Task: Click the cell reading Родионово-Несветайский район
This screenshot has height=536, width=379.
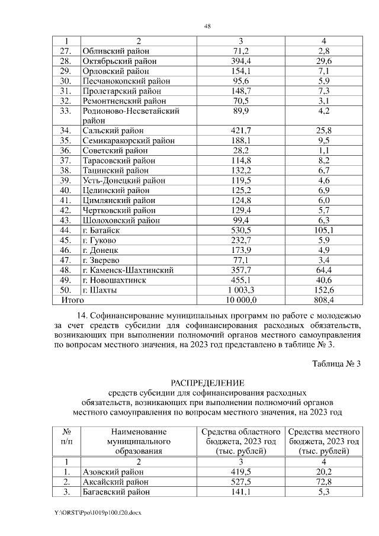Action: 131,115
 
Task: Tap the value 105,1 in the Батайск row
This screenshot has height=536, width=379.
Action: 323,230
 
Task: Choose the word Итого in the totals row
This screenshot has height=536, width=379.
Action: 73,301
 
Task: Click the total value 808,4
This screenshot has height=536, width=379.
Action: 323,301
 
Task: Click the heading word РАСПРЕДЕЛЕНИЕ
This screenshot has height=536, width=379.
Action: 207,383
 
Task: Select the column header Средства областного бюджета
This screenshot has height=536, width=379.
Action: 241,441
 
